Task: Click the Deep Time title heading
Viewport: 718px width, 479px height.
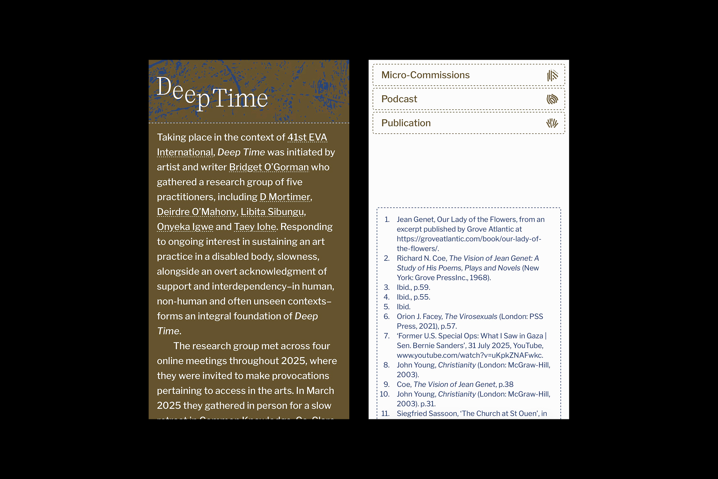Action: (x=212, y=93)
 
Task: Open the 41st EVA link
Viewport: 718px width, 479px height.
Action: (x=307, y=137)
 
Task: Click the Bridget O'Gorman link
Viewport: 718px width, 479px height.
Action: (x=269, y=167)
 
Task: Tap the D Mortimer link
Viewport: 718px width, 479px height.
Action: (x=285, y=197)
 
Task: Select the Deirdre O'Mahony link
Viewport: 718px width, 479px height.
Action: (x=196, y=212)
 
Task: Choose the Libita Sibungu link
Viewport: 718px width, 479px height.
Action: (x=272, y=212)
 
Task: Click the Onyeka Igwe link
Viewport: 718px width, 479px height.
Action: (x=185, y=227)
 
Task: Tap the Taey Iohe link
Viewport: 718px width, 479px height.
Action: (x=255, y=227)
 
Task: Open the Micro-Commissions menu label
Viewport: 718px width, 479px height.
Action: (x=425, y=75)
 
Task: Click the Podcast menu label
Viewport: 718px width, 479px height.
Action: (x=399, y=99)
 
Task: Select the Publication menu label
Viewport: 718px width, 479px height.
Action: (x=406, y=123)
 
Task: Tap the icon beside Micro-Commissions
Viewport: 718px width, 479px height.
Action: (x=552, y=75)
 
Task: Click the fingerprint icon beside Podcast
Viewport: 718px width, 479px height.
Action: (x=552, y=99)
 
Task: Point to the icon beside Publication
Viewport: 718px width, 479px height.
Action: (x=552, y=123)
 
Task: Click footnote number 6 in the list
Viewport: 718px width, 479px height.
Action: (x=386, y=317)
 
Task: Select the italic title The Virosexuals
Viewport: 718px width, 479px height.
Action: (x=471, y=317)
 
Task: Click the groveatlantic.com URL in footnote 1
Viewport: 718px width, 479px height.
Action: (x=468, y=239)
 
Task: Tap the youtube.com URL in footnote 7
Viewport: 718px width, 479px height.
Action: (x=470, y=355)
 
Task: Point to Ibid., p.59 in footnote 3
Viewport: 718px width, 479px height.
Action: (x=413, y=287)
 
